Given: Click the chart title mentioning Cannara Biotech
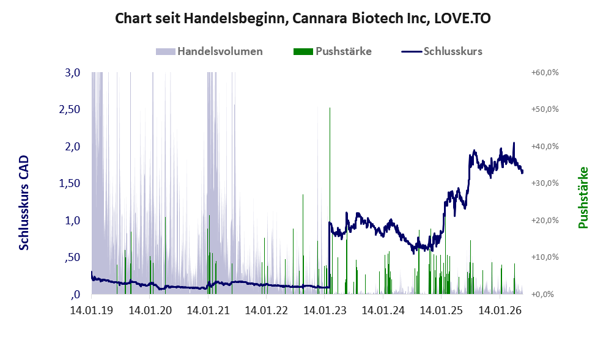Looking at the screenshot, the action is point(303,18).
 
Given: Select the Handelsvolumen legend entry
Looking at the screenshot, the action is point(209,51).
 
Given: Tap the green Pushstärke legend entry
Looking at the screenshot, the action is point(333,51).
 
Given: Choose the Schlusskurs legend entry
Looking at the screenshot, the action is point(442,51).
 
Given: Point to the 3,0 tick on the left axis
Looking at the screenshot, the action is point(73,73).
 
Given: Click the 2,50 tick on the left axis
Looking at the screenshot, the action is point(70,109).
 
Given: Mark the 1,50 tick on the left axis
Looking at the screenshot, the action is point(70,183).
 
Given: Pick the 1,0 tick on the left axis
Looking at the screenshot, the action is point(73,221).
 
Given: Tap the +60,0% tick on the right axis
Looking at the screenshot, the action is point(545,73).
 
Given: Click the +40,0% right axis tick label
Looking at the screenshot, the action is point(545,147).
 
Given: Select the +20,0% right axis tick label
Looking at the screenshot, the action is point(545,220).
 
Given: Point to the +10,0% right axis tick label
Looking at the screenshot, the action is point(545,257).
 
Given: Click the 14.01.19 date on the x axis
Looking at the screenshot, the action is point(92,310).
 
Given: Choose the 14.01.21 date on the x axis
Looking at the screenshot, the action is point(209,310).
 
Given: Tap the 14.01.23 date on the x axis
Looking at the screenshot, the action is point(325,310).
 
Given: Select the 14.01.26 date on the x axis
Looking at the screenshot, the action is point(500,310).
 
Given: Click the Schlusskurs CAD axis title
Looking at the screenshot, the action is point(24,203).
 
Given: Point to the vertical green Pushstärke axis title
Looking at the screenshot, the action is point(583,197).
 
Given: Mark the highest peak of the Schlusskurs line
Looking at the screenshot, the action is point(514,142).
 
